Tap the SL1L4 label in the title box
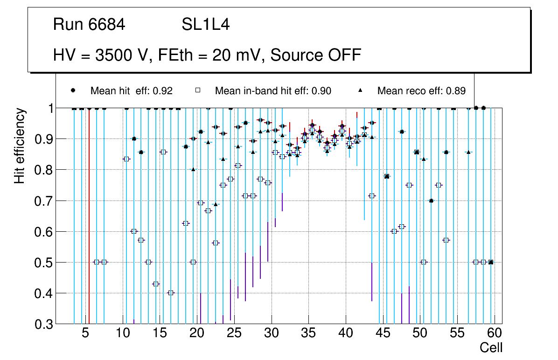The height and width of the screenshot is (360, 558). coord(206,25)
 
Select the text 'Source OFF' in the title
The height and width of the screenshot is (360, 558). coord(316,55)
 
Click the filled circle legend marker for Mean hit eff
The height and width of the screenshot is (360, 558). coord(73,90)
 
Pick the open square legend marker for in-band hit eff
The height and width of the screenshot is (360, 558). coord(198,90)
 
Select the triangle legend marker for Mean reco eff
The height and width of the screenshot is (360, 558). coord(360,90)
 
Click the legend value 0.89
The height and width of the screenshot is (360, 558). coord(456,91)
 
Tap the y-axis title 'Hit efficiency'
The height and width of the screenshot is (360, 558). coord(20,145)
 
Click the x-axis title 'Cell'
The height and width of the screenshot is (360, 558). coord(491,348)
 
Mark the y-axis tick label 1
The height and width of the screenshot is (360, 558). coord(48,108)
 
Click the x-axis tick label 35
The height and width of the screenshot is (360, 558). coord(308,333)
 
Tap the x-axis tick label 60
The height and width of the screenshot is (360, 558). coord(495,333)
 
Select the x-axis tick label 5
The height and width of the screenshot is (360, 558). coord(85,333)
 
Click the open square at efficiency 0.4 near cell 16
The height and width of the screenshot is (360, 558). coord(171,293)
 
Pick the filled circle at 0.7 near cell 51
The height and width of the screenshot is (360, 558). coord(431,201)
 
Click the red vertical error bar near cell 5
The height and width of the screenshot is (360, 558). coord(89,215)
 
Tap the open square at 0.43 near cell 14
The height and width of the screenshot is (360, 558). coord(156,284)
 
